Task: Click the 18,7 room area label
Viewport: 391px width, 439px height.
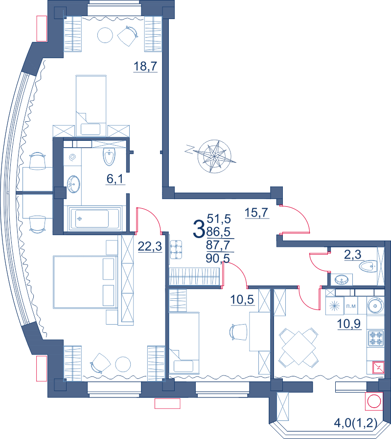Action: tap(145, 66)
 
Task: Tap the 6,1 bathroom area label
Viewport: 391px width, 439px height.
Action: tap(115, 178)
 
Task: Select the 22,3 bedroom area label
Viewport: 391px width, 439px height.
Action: tap(150, 246)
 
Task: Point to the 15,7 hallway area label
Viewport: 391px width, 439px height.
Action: tap(257, 213)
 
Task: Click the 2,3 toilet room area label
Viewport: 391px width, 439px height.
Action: tap(353, 255)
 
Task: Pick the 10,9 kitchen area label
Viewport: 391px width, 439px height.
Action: tap(349, 324)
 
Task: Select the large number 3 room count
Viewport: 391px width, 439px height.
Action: tap(199, 228)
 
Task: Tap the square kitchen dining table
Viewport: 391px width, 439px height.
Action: tap(299, 348)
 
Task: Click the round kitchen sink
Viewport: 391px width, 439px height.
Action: tap(375, 305)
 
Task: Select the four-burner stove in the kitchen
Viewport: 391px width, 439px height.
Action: tap(375, 338)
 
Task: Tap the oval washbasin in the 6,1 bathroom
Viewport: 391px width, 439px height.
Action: tap(73, 184)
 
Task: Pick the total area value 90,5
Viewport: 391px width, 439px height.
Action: tap(218, 258)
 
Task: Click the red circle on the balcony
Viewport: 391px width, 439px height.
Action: tap(374, 401)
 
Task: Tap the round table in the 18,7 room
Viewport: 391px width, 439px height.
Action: tap(105, 35)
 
